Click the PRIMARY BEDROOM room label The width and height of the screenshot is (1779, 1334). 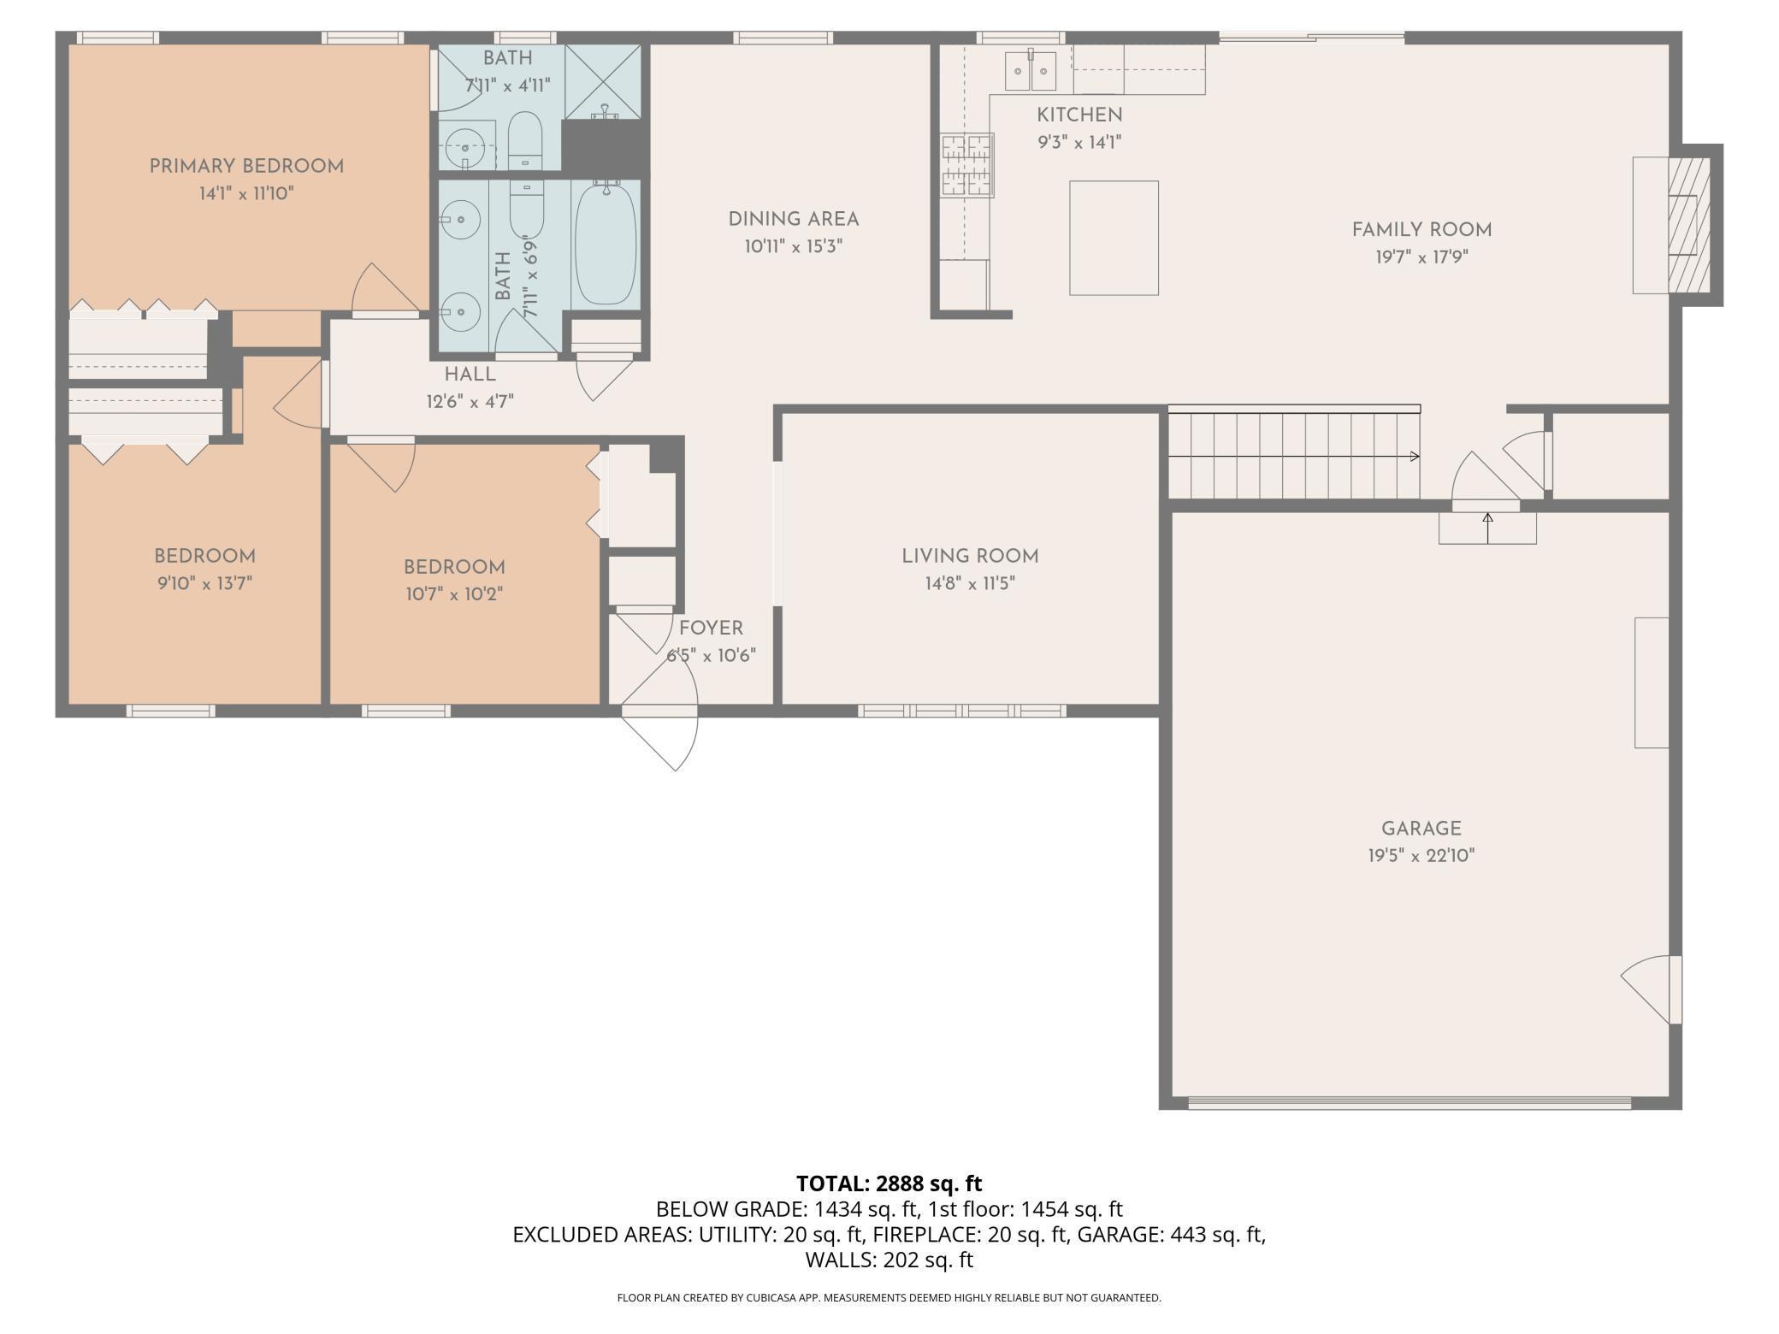tap(246, 167)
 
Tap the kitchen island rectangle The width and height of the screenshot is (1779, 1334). tap(1114, 238)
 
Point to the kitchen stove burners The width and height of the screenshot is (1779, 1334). tap(968, 165)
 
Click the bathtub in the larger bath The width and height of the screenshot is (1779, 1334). tap(606, 245)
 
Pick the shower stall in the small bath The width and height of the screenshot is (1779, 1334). tap(603, 81)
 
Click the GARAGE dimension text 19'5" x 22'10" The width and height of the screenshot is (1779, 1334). tap(1421, 855)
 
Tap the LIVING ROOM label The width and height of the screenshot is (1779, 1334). tap(970, 557)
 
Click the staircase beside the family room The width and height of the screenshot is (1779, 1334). tap(1294, 453)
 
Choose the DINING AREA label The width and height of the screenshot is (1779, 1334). tap(794, 220)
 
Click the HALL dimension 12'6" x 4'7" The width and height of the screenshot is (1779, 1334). tap(470, 401)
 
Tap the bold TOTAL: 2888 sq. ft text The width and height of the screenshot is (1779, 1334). tap(889, 1183)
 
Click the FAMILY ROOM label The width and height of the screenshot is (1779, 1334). tap(1421, 230)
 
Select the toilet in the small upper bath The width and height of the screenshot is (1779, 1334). tap(525, 140)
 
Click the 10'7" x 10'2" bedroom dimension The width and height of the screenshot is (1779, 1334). tap(454, 593)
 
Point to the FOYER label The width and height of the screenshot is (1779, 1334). tap(711, 629)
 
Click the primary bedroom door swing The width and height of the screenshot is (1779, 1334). tap(386, 289)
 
